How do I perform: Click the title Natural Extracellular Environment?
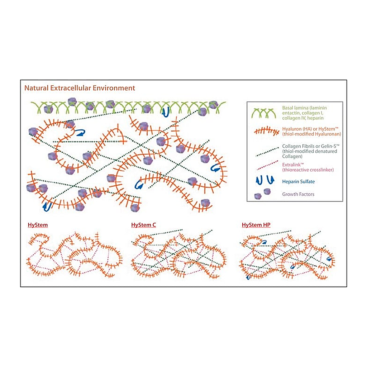(x=80, y=88)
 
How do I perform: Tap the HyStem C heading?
(x=143, y=225)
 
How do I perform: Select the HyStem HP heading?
(x=256, y=225)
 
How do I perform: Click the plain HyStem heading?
(x=38, y=225)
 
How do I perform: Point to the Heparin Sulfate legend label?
(x=299, y=182)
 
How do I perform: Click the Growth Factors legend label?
(x=298, y=194)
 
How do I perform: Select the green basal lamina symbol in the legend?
(x=264, y=113)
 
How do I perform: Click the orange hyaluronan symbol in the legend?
(x=267, y=131)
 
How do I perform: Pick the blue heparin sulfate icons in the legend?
(x=265, y=180)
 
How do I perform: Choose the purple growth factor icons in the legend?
(x=263, y=194)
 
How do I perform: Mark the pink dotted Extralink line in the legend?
(x=267, y=165)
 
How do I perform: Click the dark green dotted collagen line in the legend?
(x=267, y=152)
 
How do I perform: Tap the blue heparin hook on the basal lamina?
(x=166, y=112)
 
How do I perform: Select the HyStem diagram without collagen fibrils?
(x=74, y=255)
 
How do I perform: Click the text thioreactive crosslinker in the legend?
(x=308, y=170)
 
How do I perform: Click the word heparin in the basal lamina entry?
(x=316, y=118)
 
